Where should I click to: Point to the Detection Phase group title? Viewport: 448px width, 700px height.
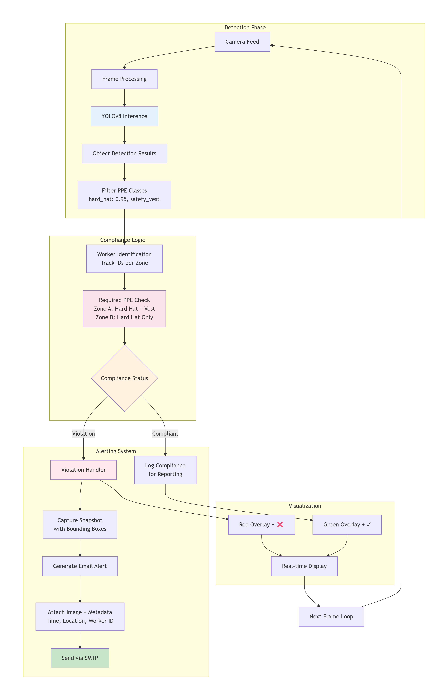(x=245, y=27)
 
